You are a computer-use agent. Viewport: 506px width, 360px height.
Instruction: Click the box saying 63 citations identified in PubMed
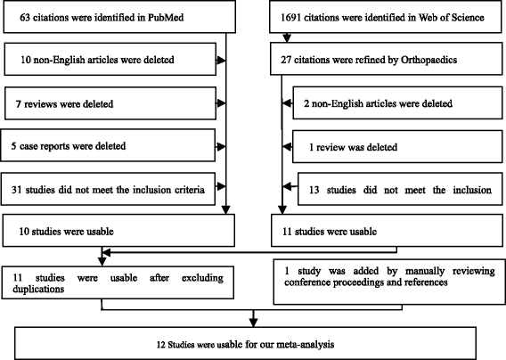pyautogui.click(x=115, y=18)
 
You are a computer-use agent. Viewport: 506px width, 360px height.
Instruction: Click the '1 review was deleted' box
pyautogui.click(x=397, y=144)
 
